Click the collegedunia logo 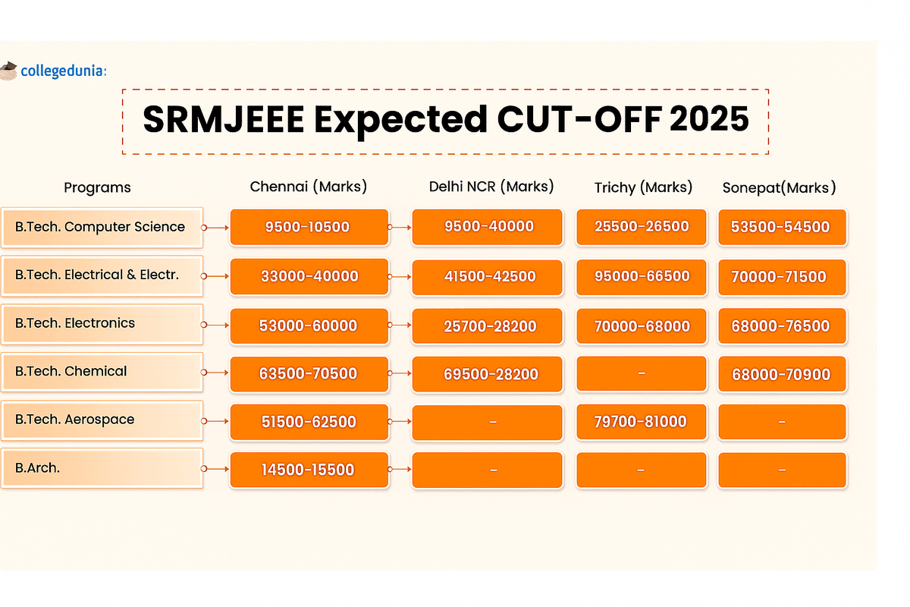(x=53, y=71)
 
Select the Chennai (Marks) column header (x=309, y=187)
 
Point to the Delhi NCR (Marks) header (x=491, y=186)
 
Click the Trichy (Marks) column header (x=643, y=187)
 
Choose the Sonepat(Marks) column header (x=779, y=187)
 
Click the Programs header (x=97, y=187)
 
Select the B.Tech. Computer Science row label (x=101, y=227)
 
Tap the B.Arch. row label (x=101, y=468)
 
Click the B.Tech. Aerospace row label (x=101, y=420)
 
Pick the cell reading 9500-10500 (x=309, y=227)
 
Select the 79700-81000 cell (x=641, y=422)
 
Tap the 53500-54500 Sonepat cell (x=781, y=227)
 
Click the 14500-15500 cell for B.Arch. (x=309, y=470)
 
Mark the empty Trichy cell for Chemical (x=641, y=373)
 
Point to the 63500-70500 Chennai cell (x=309, y=373)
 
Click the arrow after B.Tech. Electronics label (x=217, y=325)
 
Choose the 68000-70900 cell (x=781, y=374)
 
